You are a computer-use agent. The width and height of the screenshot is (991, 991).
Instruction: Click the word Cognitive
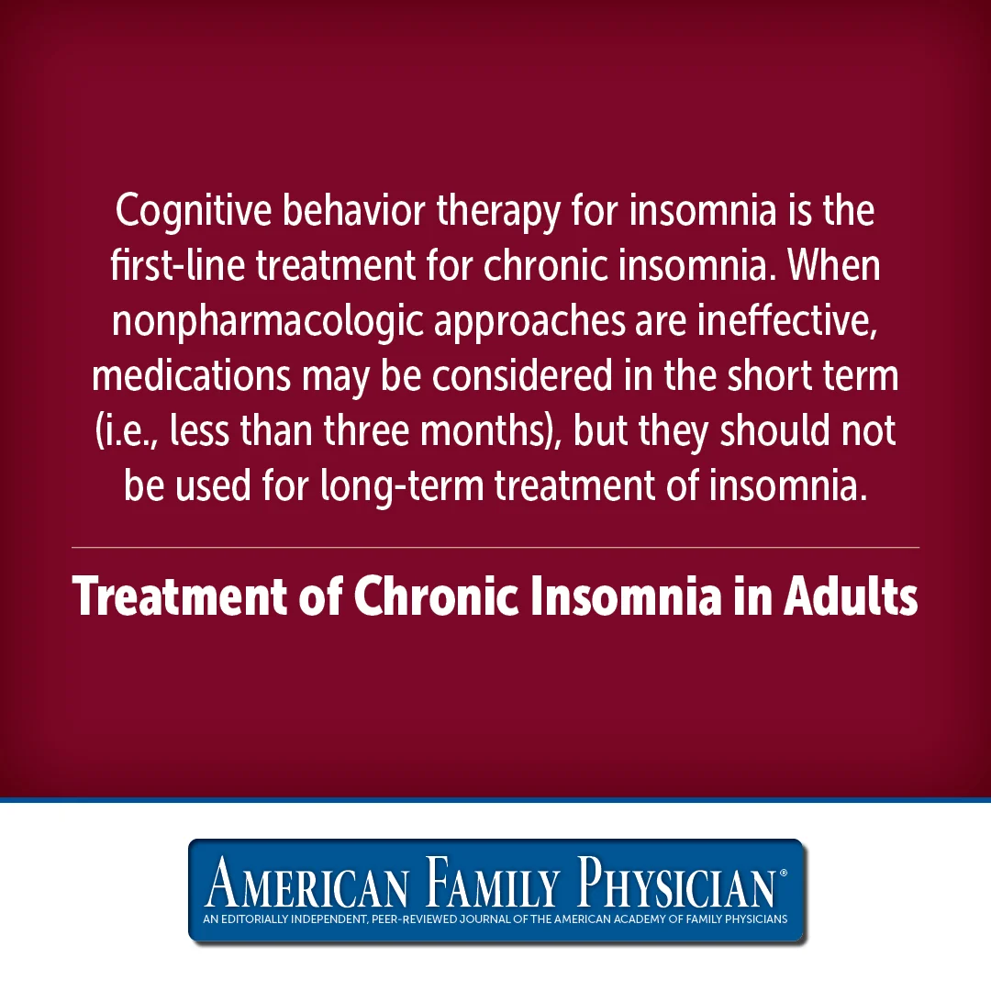coord(194,212)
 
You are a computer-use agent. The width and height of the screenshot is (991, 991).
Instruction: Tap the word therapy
coord(498,212)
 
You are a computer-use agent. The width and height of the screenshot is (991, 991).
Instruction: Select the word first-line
coord(178,265)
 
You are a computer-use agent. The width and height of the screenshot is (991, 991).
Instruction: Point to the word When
coord(833,265)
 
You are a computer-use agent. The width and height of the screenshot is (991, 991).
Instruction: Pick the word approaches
coord(529,322)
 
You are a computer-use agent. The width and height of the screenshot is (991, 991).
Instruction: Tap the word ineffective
coord(787,321)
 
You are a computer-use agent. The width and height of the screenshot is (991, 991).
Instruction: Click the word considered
coord(522,374)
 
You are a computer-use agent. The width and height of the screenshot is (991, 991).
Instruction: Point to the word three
coord(366,430)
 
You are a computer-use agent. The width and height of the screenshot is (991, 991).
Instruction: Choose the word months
coord(484,430)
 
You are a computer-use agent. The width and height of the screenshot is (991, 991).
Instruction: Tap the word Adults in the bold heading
coord(851,596)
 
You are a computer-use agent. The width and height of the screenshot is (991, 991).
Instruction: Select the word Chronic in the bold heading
coord(436,596)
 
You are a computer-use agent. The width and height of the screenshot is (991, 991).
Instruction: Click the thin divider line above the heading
coord(495,547)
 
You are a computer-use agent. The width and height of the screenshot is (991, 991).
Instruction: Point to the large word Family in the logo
coord(492,883)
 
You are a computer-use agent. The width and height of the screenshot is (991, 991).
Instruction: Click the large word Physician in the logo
coord(676,883)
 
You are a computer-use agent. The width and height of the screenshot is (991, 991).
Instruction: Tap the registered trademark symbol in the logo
coord(784,873)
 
